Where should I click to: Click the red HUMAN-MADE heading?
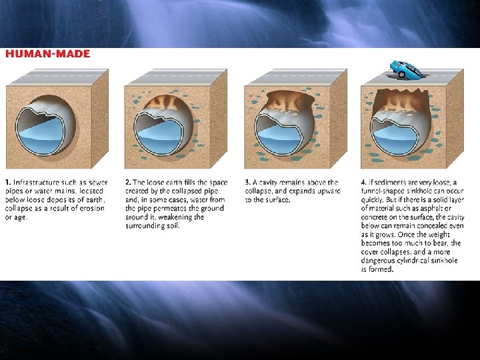click(x=48, y=54)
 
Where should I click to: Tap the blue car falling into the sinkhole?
click(x=405, y=69)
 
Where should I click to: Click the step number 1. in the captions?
click(x=8, y=183)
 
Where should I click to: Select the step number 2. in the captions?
click(x=128, y=183)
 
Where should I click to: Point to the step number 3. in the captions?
click(x=248, y=183)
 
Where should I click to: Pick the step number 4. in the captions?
click(x=364, y=183)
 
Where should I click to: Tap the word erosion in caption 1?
click(x=91, y=209)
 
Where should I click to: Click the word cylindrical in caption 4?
click(x=414, y=261)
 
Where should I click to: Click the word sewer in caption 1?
click(x=98, y=183)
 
